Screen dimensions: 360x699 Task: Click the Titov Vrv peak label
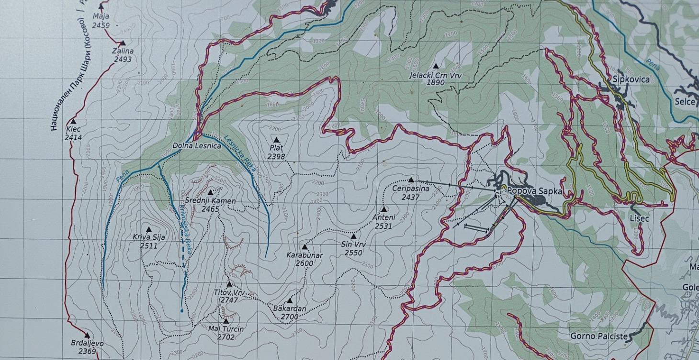point(229,292)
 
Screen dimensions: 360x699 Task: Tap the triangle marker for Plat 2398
point(276,140)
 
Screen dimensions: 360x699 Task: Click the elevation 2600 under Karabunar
point(304,263)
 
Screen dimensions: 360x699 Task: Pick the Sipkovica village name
point(631,79)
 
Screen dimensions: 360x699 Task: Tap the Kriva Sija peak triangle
point(148,230)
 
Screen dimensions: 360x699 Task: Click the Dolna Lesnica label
point(197,146)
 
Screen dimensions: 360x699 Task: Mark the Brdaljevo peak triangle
point(87,336)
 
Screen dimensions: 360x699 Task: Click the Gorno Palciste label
point(598,336)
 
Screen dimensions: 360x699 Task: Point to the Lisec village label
point(639,219)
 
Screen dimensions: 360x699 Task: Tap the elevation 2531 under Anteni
point(383,226)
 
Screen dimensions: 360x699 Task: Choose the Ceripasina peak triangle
point(411,180)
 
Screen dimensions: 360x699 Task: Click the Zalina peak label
point(123,51)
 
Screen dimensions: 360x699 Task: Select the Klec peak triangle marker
point(74,122)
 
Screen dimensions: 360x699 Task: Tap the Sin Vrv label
point(354,245)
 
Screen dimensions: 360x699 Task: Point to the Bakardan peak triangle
point(290,301)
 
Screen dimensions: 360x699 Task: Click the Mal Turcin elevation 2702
point(226,337)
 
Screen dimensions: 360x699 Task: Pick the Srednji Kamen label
point(210,201)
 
